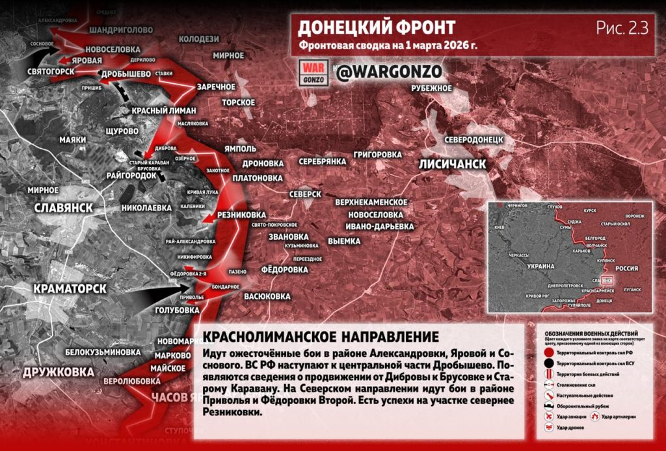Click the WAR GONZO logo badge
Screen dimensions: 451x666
314,72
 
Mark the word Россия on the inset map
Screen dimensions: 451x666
627,267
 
